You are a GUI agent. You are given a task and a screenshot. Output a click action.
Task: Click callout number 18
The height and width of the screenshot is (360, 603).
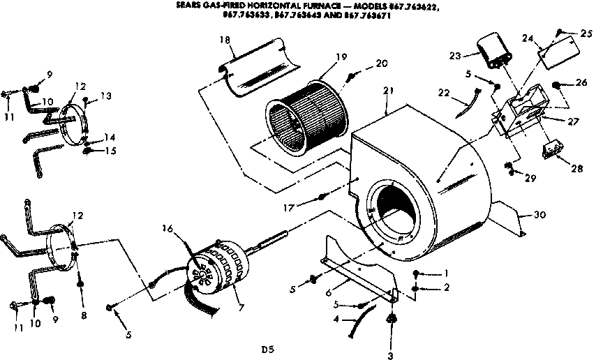tap(224, 41)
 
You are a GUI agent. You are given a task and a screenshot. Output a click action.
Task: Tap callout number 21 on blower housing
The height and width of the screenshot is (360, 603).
tap(389, 91)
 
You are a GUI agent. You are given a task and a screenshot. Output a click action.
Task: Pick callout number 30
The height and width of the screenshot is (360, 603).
tap(539, 215)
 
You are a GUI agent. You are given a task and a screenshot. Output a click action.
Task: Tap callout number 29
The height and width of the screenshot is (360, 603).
tap(530, 179)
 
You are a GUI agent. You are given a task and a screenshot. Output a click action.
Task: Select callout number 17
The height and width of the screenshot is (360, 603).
tap(305, 207)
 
